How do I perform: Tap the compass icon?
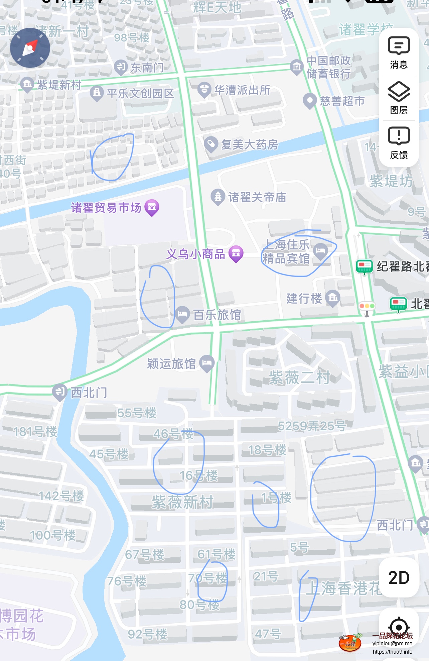point(30,48)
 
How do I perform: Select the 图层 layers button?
point(399,98)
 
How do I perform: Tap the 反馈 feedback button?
point(399,143)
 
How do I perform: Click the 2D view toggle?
point(399,577)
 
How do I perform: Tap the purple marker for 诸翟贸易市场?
point(152,207)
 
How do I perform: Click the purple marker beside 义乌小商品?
point(236,254)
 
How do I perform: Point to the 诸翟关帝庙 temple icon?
point(218,197)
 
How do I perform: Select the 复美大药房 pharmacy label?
point(250,145)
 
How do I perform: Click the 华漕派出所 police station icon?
point(204,89)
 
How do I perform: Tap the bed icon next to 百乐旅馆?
point(182,314)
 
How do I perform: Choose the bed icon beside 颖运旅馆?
point(207,363)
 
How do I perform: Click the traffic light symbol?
point(367,306)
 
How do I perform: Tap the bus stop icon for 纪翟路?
point(364,266)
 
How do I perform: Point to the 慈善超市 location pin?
point(310,100)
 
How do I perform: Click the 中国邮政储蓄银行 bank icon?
point(296,66)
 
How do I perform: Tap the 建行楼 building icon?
point(333,298)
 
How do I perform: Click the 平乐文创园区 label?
point(140,93)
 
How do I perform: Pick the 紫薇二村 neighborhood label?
point(299,378)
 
